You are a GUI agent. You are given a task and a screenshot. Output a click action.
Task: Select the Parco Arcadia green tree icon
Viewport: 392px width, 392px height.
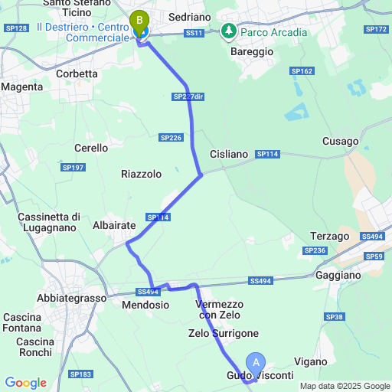pyautogui.click(x=228, y=31)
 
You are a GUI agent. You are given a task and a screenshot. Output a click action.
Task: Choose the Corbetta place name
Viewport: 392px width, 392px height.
pyautogui.click(x=77, y=74)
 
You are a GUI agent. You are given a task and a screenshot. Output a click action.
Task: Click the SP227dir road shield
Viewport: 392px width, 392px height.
pyautogui.click(x=188, y=96)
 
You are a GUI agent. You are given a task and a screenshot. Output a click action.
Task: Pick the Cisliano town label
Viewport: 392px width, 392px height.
pyautogui.click(x=228, y=154)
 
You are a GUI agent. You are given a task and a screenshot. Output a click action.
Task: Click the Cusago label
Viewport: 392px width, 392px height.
pyautogui.click(x=340, y=142)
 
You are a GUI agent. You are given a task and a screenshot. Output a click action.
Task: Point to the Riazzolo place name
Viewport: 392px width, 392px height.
pyautogui.click(x=141, y=175)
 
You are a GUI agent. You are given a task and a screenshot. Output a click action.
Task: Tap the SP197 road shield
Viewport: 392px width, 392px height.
pyautogui.click(x=73, y=167)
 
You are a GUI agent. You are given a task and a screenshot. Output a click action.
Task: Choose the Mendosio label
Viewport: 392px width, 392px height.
pyautogui.click(x=145, y=305)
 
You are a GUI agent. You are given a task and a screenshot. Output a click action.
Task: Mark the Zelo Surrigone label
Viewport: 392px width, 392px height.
pyautogui.click(x=224, y=333)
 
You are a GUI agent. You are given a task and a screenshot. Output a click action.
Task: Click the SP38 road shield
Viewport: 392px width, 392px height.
pyautogui.click(x=334, y=317)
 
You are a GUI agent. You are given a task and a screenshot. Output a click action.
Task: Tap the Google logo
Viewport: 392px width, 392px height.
pyautogui.click(x=25, y=383)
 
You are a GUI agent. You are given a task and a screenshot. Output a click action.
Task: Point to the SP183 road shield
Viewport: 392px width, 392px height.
pyautogui.click(x=80, y=374)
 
